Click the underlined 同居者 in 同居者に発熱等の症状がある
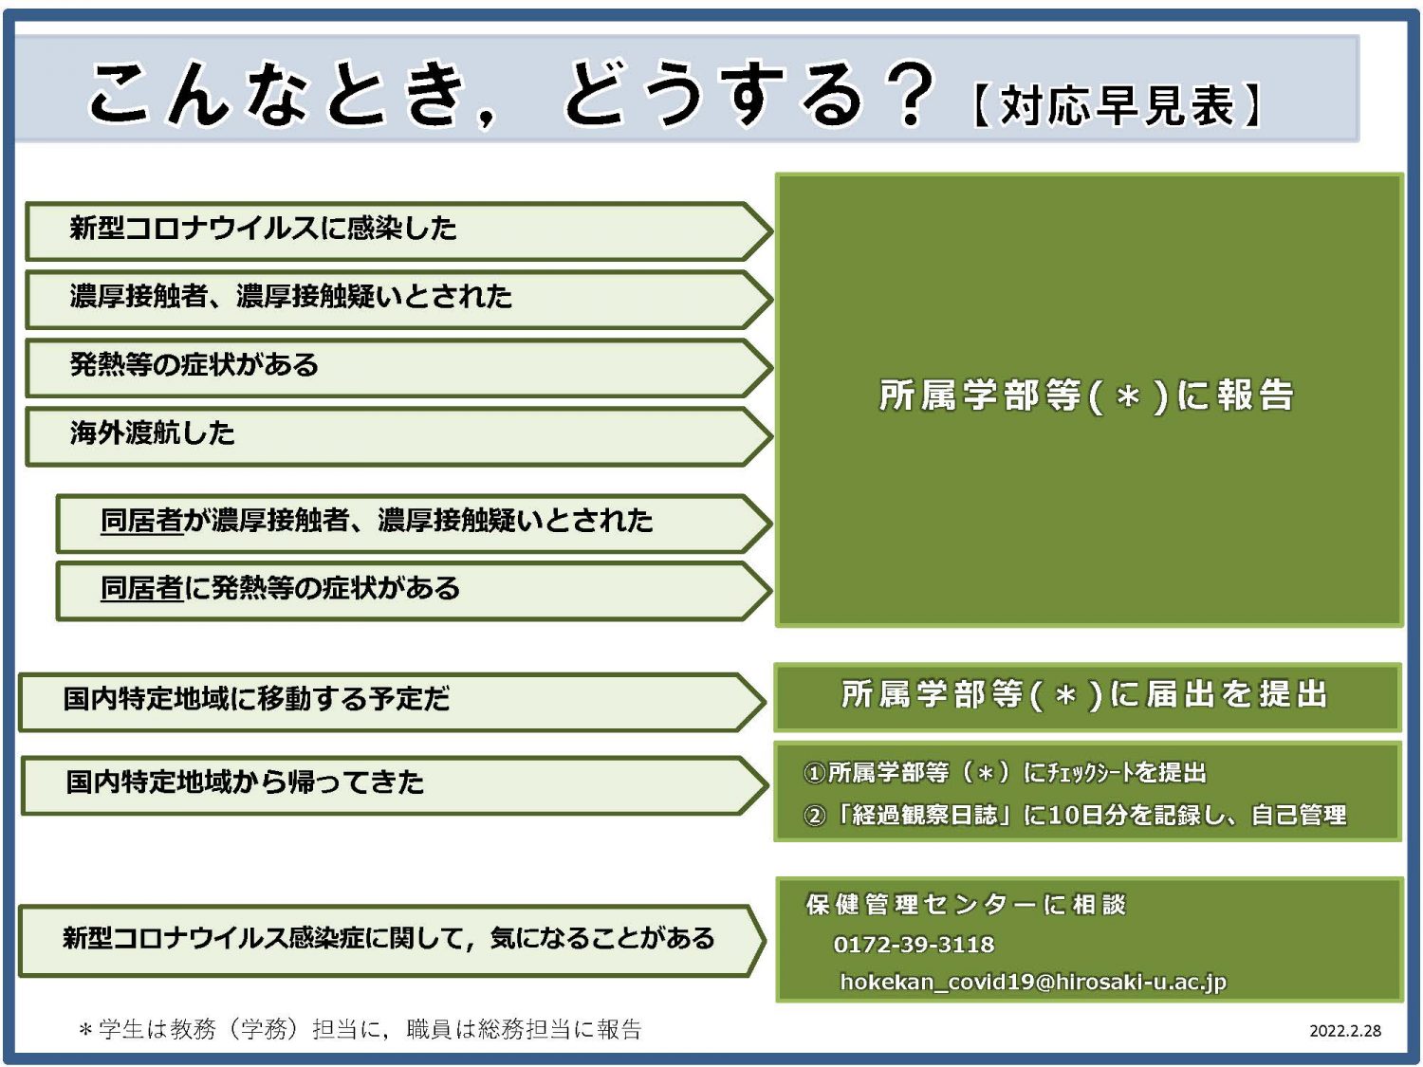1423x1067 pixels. [141, 589]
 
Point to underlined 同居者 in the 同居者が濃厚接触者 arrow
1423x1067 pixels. [141, 521]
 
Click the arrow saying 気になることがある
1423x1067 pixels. [388, 939]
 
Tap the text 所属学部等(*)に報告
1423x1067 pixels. [1086, 396]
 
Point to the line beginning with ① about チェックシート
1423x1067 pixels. [1005, 773]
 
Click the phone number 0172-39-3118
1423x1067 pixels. [914, 945]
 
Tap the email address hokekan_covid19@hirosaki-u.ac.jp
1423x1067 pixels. [1033, 982]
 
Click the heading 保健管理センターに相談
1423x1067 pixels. [966, 904]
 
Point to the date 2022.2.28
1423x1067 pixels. [1345, 1031]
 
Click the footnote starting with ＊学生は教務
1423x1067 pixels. [360, 1029]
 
